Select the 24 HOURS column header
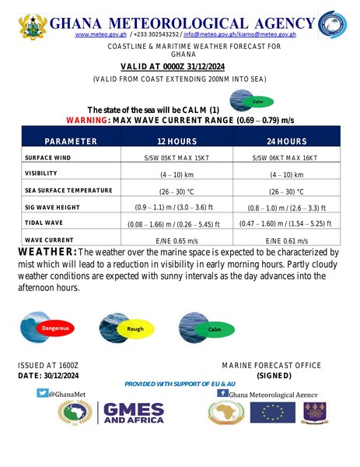pos(284,141)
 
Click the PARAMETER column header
pos(71,141)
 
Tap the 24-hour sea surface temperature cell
pos(284,191)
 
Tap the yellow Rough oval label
pos(135,330)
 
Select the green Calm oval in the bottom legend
pos(215,330)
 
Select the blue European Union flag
pos(278,413)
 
